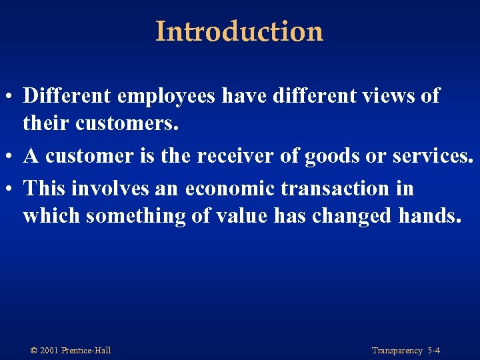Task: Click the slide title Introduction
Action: coord(239,31)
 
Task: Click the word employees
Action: coord(166,96)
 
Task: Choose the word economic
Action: coord(230,189)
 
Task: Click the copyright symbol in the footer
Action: coord(34,351)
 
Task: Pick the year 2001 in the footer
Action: coord(49,351)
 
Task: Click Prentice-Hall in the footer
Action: coord(86,351)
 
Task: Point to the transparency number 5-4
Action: coord(433,351)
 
